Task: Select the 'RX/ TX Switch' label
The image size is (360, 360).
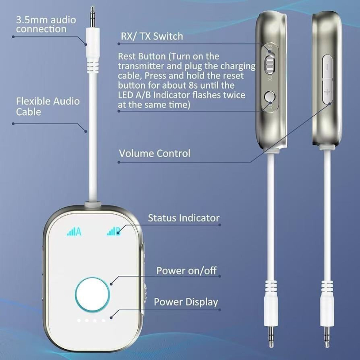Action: pos(152,36)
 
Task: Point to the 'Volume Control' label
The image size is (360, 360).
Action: pos(154,153)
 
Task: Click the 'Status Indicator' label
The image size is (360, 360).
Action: pos(184,218)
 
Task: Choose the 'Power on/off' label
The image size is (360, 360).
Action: pos(186,271)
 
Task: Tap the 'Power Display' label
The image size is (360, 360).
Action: pos(186,302)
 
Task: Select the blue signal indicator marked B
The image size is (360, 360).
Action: pos(113,232)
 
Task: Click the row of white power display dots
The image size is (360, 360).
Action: pos(91,321)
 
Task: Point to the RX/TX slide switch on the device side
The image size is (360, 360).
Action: pos(270,63)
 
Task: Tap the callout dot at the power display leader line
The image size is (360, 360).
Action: pos(118,314)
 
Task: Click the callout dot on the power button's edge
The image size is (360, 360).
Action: pos(111,283)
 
